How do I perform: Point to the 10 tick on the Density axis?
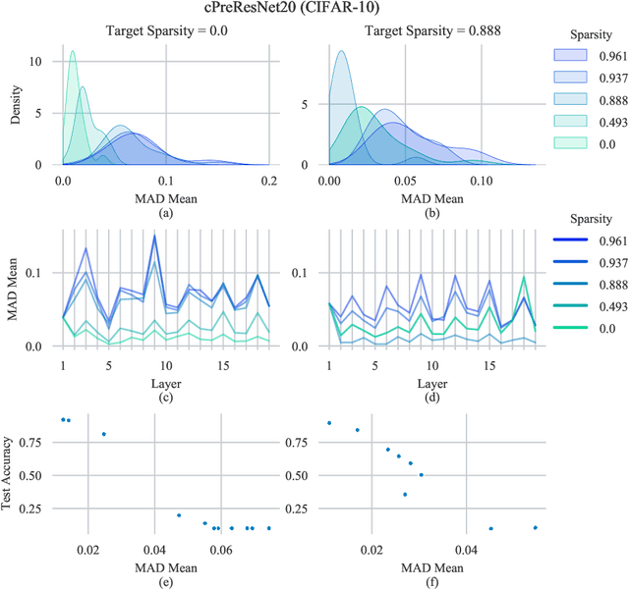tap(38, 61)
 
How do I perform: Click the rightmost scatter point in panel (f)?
tap(536, 527)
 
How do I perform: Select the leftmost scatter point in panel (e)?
tap(63, 419)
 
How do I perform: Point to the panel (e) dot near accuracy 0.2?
tap(179, 514)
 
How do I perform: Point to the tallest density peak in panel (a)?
tap(72, 52)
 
